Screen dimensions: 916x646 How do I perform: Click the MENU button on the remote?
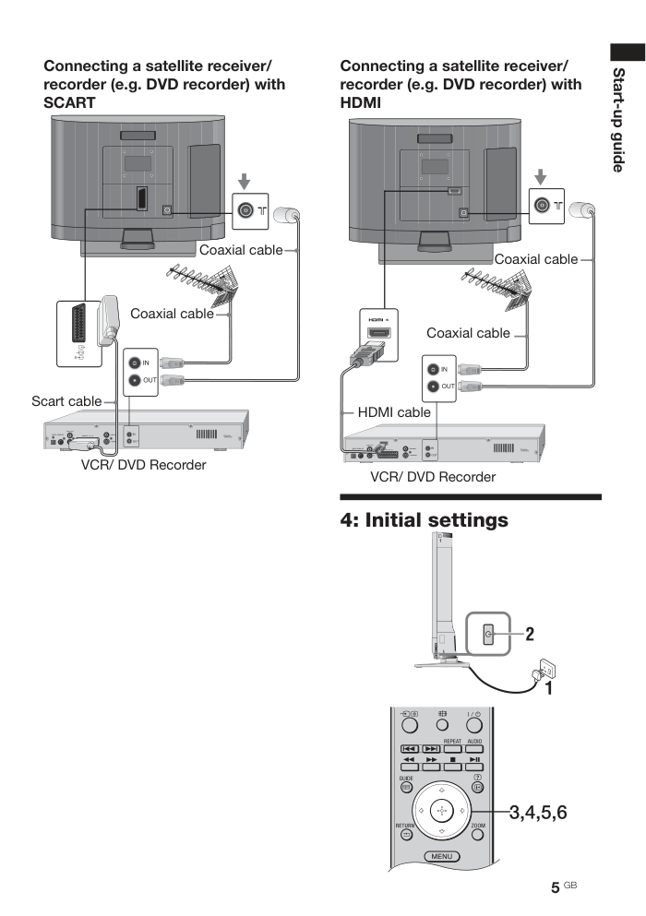coord(441,856)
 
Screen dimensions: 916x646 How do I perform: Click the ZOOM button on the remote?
coord(477,835)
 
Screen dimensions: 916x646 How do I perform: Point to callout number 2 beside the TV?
coord(530,634)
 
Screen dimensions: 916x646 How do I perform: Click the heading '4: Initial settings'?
coord(425,520)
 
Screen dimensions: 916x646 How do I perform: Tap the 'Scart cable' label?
coord(66,401)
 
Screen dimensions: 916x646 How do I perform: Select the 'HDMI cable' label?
coord(394,412)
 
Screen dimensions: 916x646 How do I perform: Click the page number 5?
coord(556,887)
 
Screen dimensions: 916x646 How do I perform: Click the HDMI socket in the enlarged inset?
coord(378,334)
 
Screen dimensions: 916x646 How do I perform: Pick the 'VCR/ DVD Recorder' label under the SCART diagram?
coord(143,465)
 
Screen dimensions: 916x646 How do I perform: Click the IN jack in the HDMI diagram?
coord(432,368)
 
